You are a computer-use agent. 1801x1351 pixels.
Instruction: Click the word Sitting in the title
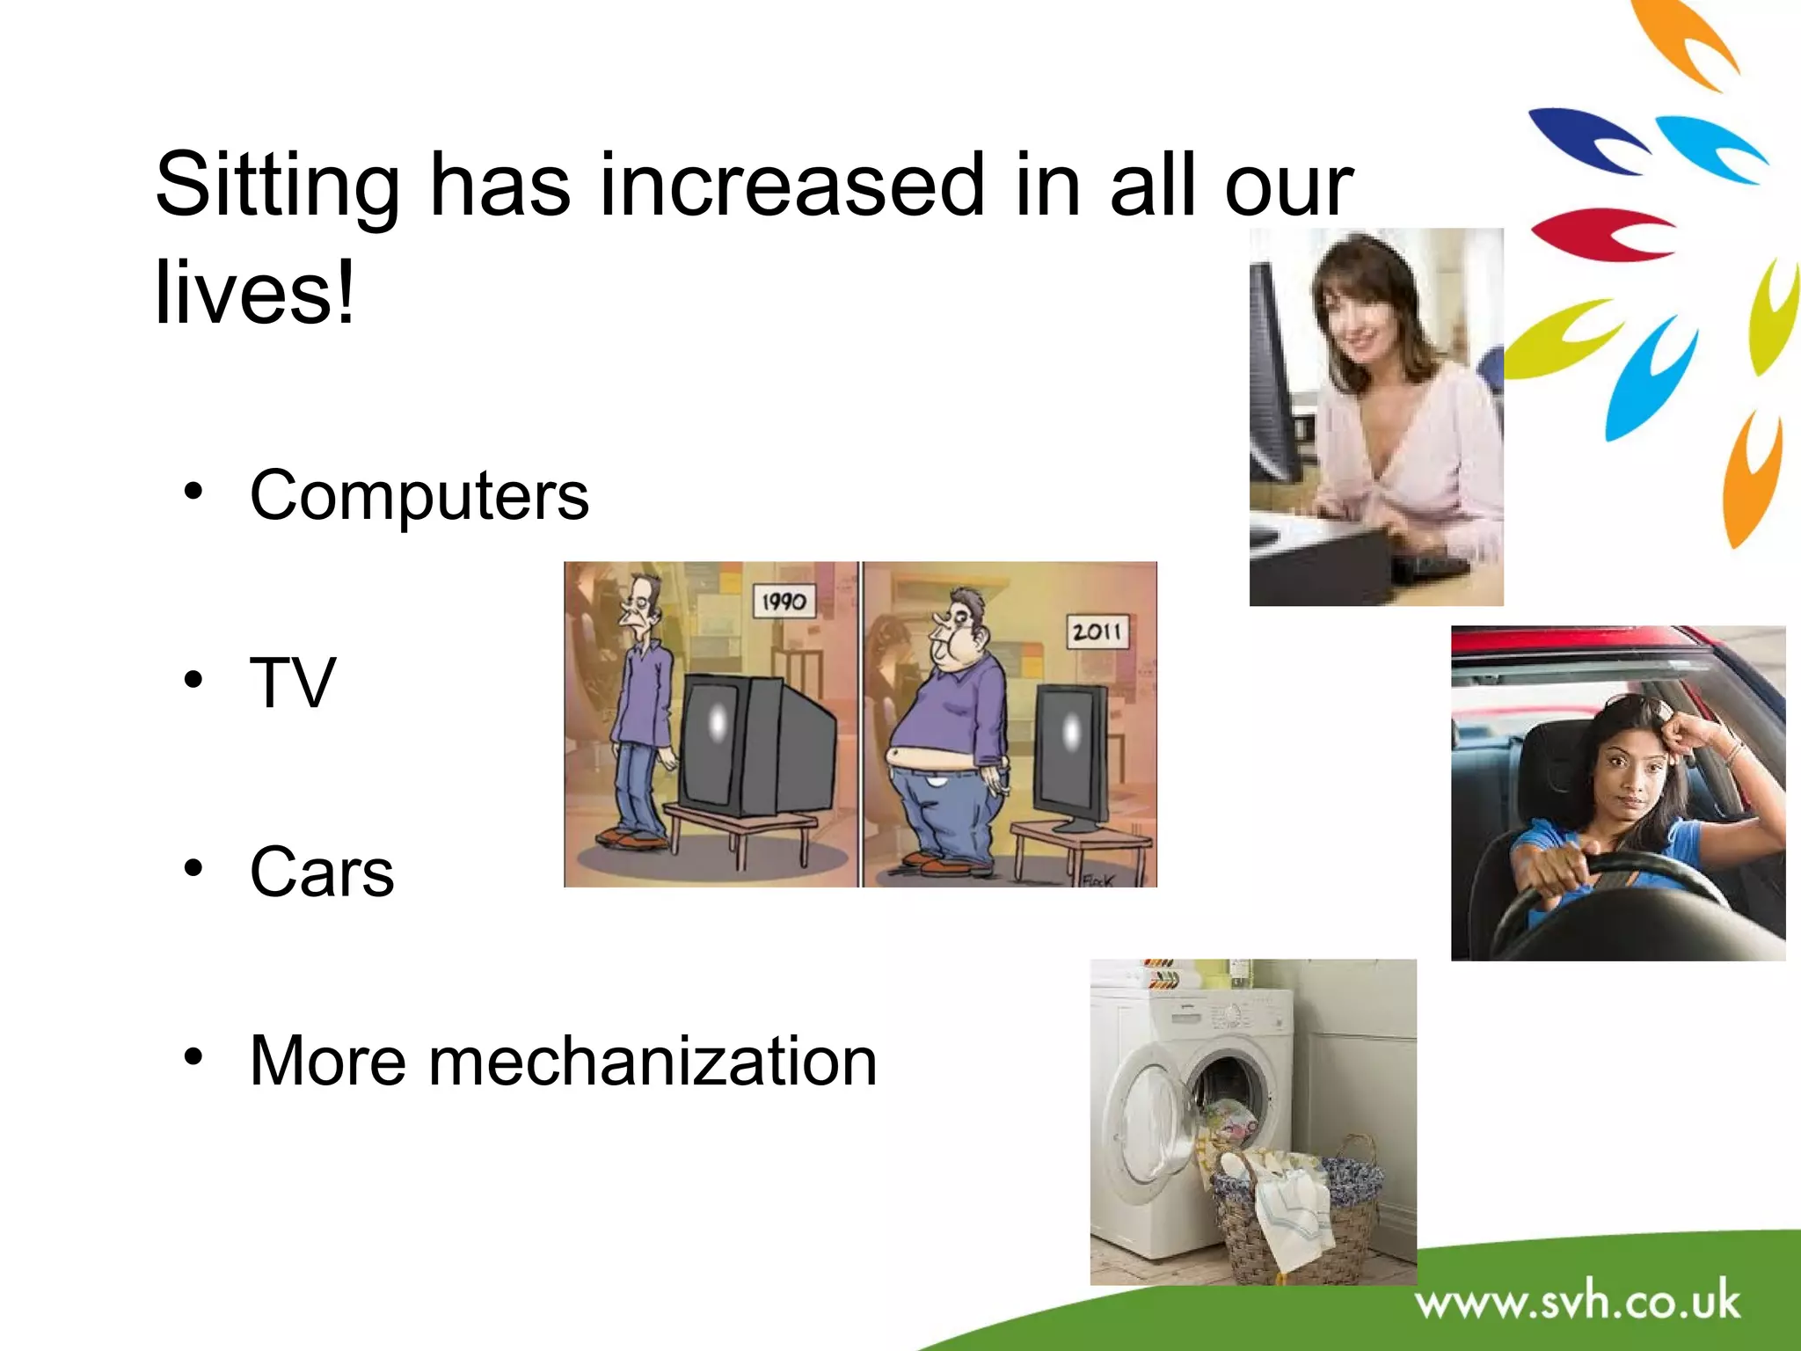pos(277,186)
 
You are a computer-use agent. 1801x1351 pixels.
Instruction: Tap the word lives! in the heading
pos(255,293)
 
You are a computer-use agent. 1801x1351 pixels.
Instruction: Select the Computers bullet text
pos(419,495)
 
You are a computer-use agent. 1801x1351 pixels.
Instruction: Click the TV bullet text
pos(293,683)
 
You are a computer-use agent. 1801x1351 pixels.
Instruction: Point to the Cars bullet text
pos(322,872)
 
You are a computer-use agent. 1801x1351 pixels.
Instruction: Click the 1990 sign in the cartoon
pos(784,602)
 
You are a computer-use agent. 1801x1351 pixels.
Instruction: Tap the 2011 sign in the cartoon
pos(1097,632)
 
